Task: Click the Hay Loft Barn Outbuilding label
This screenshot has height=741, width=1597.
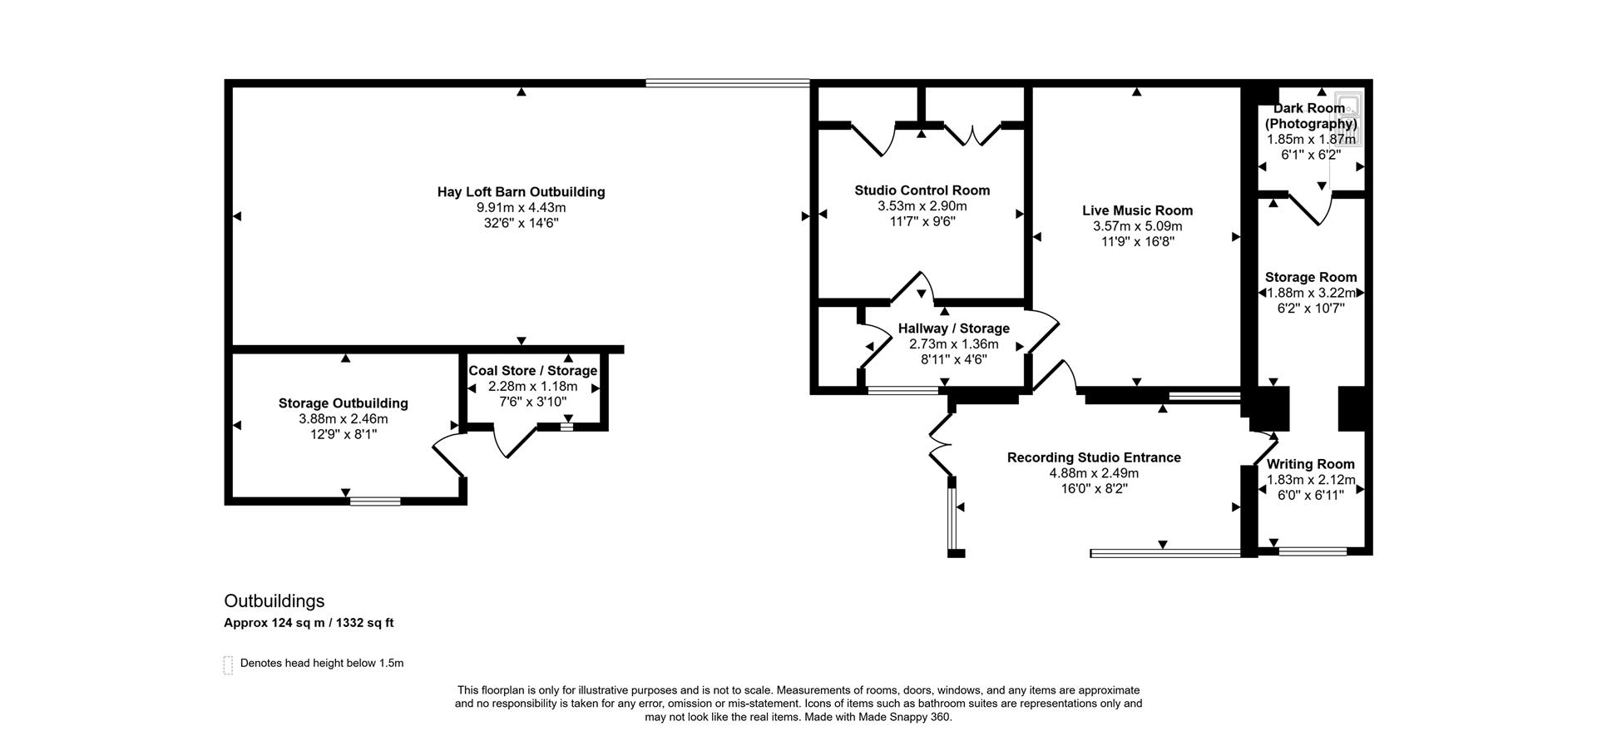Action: [x=521, y=192]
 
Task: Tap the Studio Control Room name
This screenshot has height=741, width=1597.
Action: [x=922, y=190]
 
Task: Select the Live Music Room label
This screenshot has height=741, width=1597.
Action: [x=1137, y=211]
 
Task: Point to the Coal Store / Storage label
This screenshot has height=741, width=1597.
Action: [x=532, y=371]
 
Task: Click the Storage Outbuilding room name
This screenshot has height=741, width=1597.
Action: [x=343, y=403]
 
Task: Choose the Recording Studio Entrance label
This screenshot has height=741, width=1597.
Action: [x=1094, y=457]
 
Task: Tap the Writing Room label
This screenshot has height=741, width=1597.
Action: [x=1310, y=464]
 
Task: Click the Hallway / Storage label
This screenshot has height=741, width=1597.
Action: [x=953, y=329]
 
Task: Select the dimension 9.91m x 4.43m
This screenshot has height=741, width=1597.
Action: [x=521, y=208]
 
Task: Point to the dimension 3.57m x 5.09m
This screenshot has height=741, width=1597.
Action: [x=1137, y=226]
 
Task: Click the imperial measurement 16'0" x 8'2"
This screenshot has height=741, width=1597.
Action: [x=1094, y=489]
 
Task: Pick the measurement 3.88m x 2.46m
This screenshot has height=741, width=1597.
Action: [x=343, y=419]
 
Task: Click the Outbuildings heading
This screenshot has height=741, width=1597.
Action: [x=274, y=601]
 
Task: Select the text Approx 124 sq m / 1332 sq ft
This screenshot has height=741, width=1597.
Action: [x=309, y=623]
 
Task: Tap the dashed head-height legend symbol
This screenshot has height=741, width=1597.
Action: [x=228, y=664]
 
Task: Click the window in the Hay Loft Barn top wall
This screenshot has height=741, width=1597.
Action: [x=728, y=83]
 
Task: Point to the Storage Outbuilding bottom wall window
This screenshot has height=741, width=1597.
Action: [x=375, y=501]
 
